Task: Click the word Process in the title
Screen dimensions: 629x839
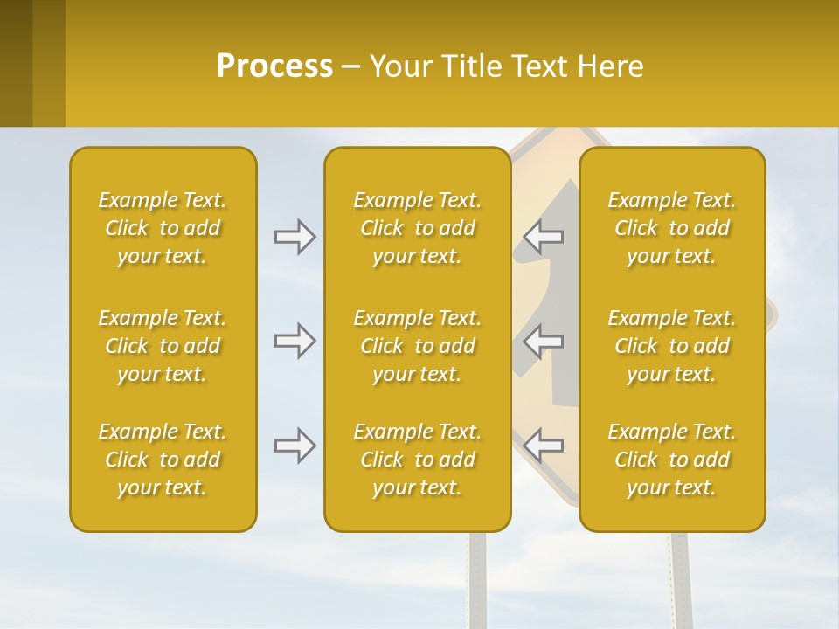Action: click(x=274, y=66)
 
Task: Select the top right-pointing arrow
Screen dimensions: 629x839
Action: click(x=295, y=237)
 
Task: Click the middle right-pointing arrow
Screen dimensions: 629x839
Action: click(x=295, y=341)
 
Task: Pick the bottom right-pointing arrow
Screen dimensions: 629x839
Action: click(x=295, y=446)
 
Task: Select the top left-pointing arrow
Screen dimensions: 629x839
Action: click(x=544, y=237)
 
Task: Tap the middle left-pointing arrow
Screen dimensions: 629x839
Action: click(x=544, y=341)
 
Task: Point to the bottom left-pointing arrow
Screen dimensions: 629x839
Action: click(x=544, y=446)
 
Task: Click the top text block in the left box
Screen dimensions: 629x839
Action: click(x=163, y=228)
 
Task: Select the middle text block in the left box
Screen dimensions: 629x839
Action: click(x=163, y=346)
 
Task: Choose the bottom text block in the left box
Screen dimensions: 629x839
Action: click(x=163, y=460)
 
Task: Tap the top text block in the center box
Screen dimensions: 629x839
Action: click(x=417, y=228)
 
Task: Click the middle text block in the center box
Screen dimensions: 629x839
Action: click(x=417, y=346)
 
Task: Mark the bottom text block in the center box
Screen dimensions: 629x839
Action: click(x=417, y=460)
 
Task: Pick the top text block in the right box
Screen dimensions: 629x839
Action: click(x=671, y=228)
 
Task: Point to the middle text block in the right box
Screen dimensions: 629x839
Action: click(x=671, y=346)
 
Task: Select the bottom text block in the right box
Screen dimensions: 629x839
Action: click(x=671, y=460)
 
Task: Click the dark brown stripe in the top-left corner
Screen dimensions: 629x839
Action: click(x=16, y=63)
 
